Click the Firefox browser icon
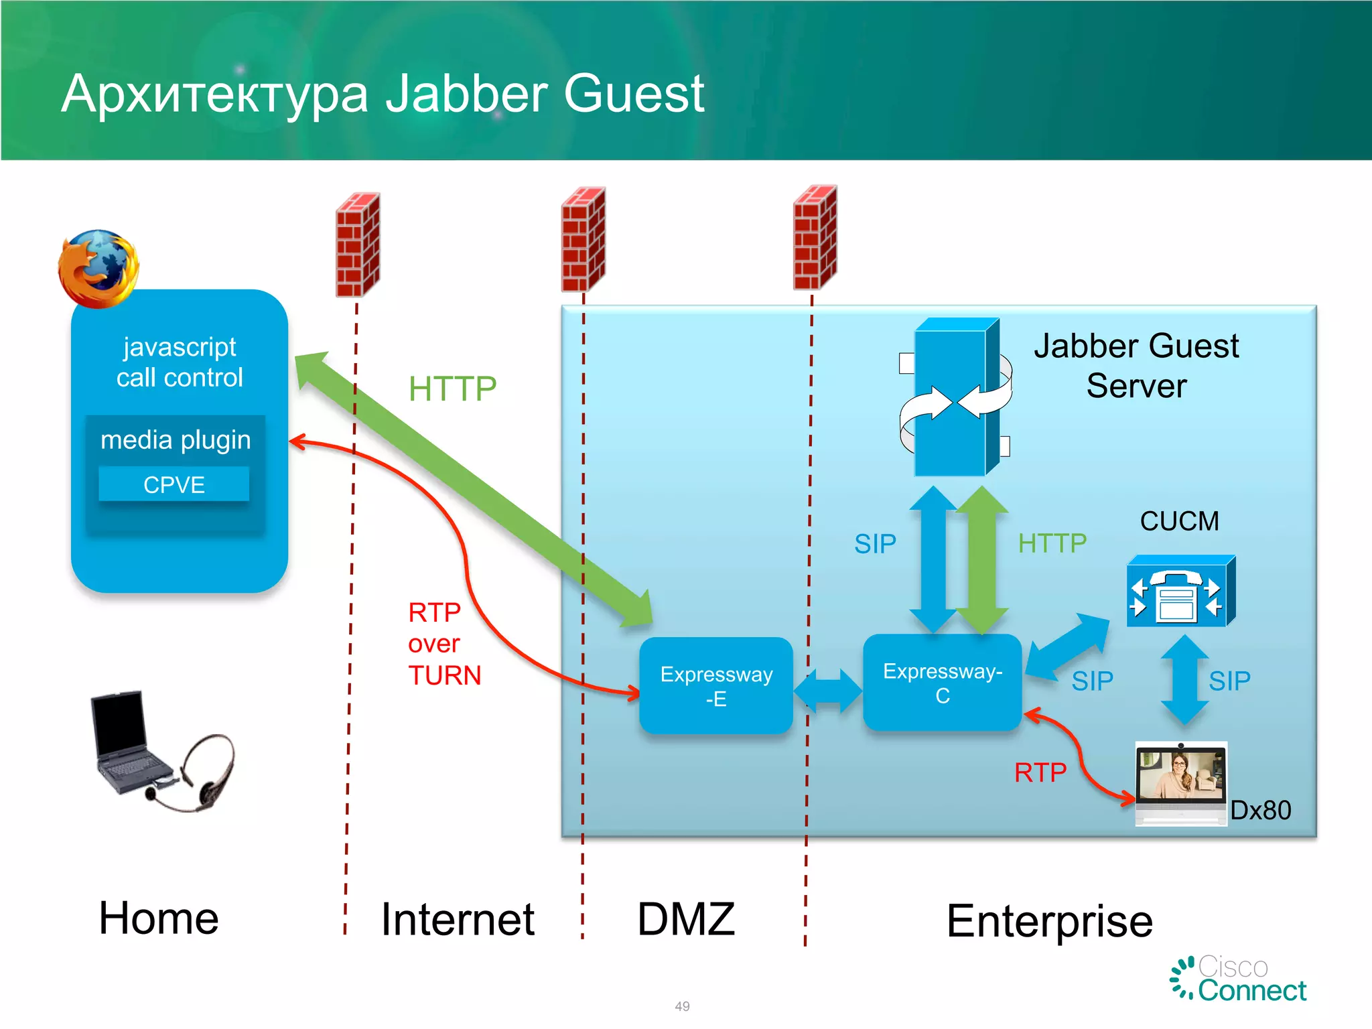click(x=98, y=269)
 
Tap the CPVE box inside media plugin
click(x=174, y=484)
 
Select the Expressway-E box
click(x=716, y=686)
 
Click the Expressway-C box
click(x=942, y=683)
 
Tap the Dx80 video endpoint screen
click(x=1180, y=776)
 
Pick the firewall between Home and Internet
click(x=358, y=245)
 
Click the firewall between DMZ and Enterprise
click(x=815, y=238)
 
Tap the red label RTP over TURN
click(x=444, y=644)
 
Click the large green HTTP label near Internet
click(x=452, y=389)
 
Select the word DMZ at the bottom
click(x=686, y=919)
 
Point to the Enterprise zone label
click(x=1049, y=921)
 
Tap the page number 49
click(x=682, y=1006)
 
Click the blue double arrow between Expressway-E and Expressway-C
click(x=827, y=691)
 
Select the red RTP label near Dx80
click(x=1040, y=773)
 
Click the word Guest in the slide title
click(x=634, y=94)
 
